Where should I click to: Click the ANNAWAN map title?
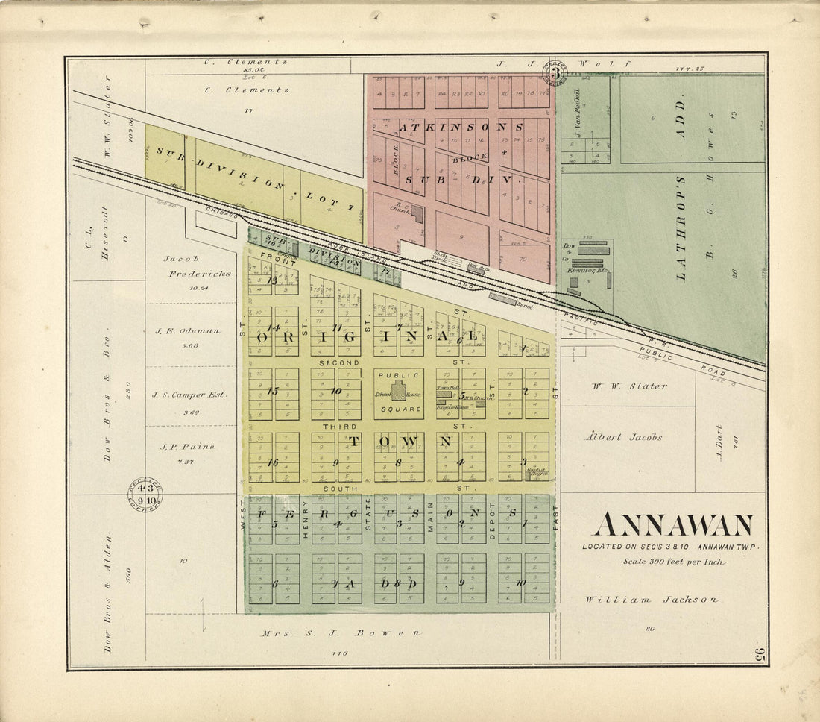click(673, 526)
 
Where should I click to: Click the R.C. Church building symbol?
click(418, 215)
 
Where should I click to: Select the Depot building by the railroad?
click(504, 298)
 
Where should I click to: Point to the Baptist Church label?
click(536, 471)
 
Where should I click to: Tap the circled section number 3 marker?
click(555, 72)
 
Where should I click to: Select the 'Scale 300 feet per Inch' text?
click(673, 562)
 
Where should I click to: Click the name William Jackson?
click(652, 599)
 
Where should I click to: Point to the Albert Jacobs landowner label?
click(623, 437)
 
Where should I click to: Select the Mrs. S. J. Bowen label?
click(340, 633)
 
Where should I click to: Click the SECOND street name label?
click(339, 362)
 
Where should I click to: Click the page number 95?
click(760, 656)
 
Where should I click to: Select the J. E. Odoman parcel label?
click(187, 330)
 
